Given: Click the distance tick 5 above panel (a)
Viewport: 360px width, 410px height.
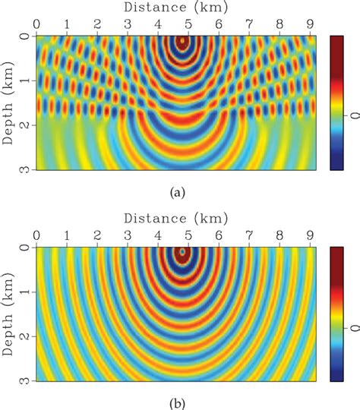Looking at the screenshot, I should [x=188, y=24].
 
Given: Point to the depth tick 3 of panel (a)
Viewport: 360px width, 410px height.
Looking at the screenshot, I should [x=25, y=169].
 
